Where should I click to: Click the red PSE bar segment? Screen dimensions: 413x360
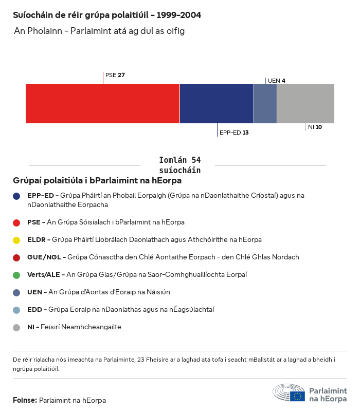pyautogui.click(x=102, y=103)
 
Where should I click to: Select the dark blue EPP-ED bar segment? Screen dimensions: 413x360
pyautogui.click(x=217, y=103)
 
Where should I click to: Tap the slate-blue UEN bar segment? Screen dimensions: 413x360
pyautogui.click(x=265, y=103)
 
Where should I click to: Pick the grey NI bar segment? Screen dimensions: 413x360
pyautogui.click(x=305, y=103)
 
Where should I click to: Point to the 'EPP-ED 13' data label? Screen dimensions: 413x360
pyautogui.click(x=234, y=133)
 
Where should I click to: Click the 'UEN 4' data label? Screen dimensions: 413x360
pyautogui.click(x=277, y=81)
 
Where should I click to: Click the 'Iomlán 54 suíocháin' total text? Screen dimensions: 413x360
pyautogui.click(x=180, y=165)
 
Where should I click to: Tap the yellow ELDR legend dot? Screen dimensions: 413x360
pyautogui.click(x=17, y=240)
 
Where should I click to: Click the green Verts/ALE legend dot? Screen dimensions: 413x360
pyautogui.click(x=17, y=275)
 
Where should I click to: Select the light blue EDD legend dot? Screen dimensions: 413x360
pyautogui.click(x=17, y=310)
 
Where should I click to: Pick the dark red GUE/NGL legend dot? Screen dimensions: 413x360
pyautogui.click(x=17, y=257)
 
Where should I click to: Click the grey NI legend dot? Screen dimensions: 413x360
pyautogui.click(x=17, y=327)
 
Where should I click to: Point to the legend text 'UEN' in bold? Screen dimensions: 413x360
pyautogui.click(x=35, y=292)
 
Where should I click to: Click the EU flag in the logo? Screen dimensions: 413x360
pyautogui.click(x=297, y=396)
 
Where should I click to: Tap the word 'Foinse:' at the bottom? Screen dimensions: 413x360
pyautogui.click(x=25, y=400)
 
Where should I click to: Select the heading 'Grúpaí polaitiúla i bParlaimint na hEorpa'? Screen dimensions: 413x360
pyautogui.click(x=97, y=181)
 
